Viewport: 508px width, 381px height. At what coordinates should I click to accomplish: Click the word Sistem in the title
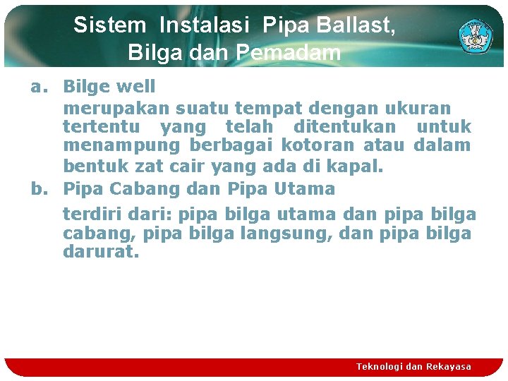109,26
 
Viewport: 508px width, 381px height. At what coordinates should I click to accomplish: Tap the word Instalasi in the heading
205,26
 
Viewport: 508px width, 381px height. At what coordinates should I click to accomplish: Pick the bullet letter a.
37,87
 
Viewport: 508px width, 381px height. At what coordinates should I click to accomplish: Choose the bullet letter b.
37,189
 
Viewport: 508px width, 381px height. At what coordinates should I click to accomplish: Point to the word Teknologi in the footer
380,367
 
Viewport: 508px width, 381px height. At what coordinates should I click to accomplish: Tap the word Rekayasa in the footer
448,367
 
